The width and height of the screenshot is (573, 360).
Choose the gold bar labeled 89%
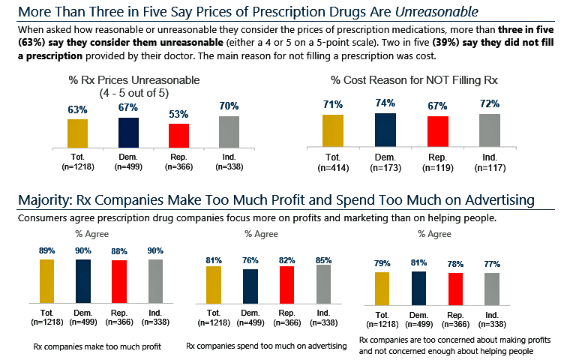pos(47,280)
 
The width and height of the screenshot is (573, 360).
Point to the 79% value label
pos(382,262)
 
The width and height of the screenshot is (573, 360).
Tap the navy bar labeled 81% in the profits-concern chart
pos(419,288)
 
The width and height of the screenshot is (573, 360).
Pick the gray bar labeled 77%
pos(490,289)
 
